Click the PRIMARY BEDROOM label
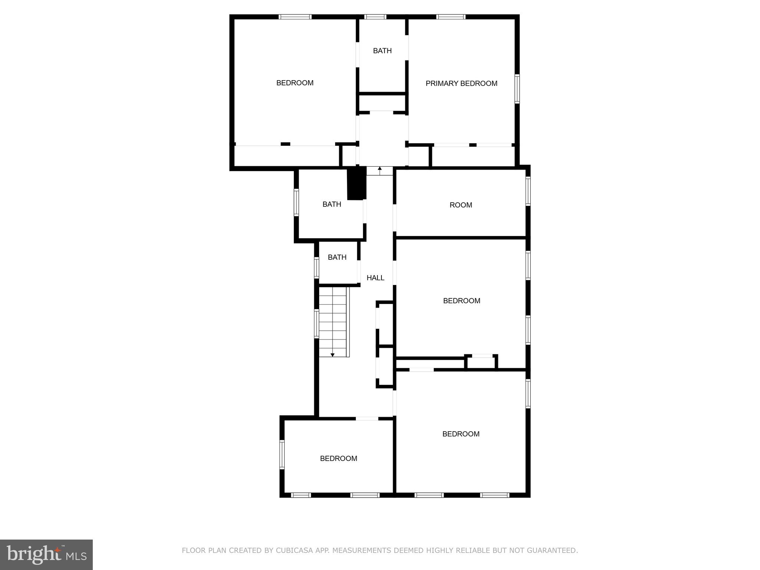[461, 83]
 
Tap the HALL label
[375, 278]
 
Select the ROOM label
[461, 205]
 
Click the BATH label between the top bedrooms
[382, 51]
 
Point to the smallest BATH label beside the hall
[337, 257]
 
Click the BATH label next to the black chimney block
[331, 204]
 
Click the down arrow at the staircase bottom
[332, 355]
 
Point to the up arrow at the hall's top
[380, 169]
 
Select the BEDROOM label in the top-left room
[295, 83]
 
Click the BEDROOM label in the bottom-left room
[338, 458]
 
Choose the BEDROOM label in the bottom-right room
[461, 434]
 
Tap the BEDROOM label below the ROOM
[461, 301]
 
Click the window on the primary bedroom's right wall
[517, 88]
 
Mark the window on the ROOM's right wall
[528, 191]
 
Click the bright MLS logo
[46, 555]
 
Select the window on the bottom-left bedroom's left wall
[282, 455]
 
